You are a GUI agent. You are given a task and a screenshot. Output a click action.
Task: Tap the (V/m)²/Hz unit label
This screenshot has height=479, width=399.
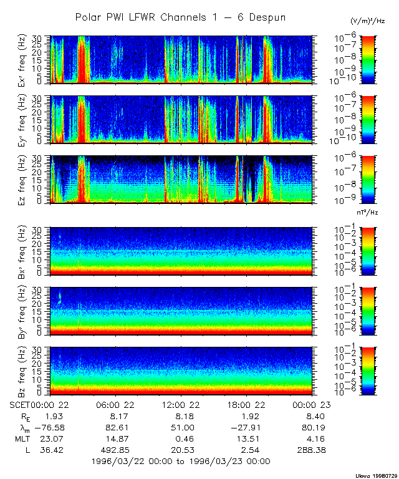click(x=368, y=22)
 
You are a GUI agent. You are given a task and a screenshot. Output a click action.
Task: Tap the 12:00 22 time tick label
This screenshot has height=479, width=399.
click(x=181, y=405)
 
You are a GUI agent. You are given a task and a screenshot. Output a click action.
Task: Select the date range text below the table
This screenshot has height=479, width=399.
click(x=180, y=461)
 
